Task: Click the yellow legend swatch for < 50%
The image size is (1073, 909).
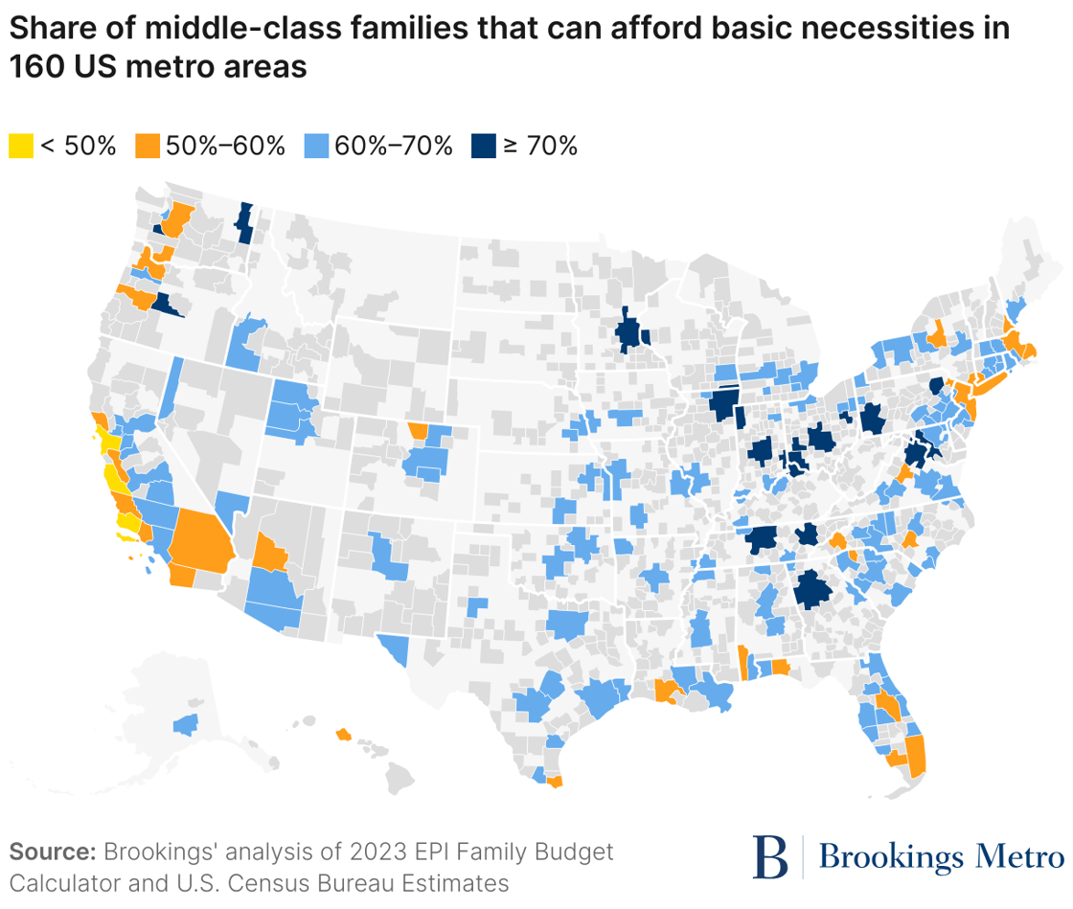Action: [21, 147]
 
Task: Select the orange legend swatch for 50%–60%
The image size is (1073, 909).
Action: [147, 147]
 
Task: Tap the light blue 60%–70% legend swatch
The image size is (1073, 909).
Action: [315, 147]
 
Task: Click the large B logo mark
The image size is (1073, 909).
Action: [769, 855]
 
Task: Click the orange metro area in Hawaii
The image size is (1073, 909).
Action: [342, 735]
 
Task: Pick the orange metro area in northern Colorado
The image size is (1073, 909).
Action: [418, 430]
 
